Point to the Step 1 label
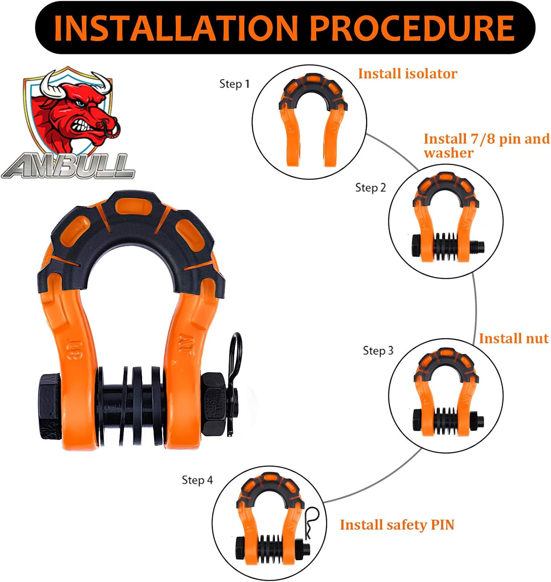click(234, 84)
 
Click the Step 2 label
click(370, 188)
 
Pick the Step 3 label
click(378, 351)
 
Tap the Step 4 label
click(197, 480)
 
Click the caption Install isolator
click(407, 74)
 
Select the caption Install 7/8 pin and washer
click(486, 145)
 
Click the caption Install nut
click(513, 338)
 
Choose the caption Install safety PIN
click(397, 525)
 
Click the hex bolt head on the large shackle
click(50, 406)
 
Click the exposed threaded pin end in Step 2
click(478, 247)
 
